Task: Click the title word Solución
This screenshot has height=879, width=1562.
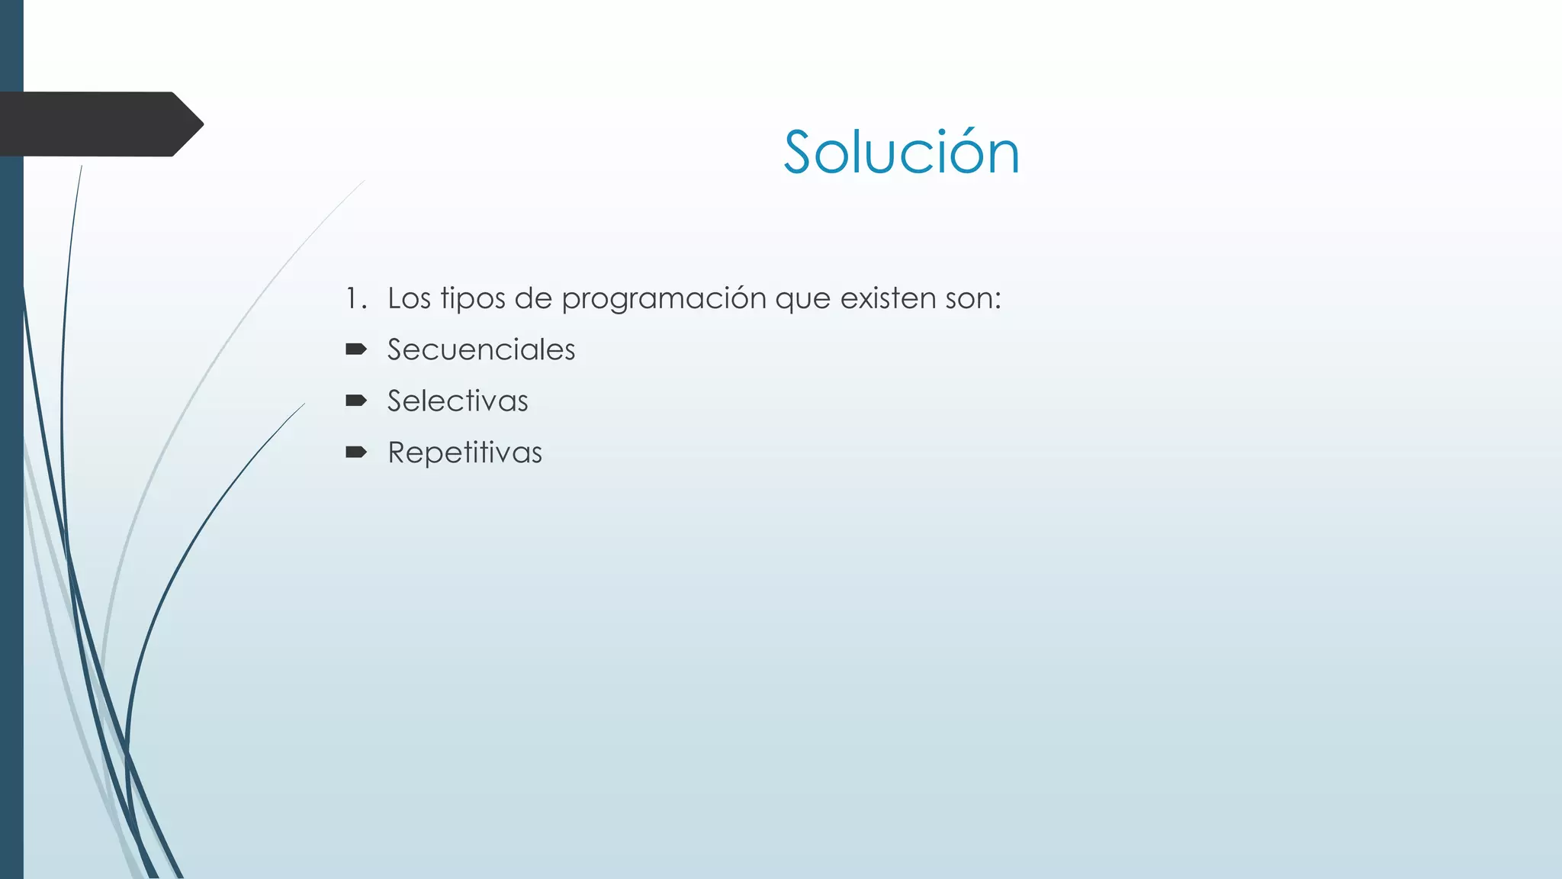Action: [x=901, y=153]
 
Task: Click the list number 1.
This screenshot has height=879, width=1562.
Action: [x=352, y=298]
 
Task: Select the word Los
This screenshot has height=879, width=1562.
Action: [x=409, y=298]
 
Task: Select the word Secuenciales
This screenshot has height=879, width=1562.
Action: [x=481, y=349]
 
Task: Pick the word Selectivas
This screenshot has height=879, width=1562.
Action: [x=458, y=401]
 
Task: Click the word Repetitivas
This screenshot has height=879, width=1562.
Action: [x=465, y=452]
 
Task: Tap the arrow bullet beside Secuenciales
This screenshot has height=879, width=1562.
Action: [x=356, y=349]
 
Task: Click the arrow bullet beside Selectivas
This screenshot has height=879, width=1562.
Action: [x=356, y=401]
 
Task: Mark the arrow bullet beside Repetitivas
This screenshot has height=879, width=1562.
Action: [x=356, y=452]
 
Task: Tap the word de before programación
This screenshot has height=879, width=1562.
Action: [x=533, y=298]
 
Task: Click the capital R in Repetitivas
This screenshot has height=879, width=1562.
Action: [x=399, y=452]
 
